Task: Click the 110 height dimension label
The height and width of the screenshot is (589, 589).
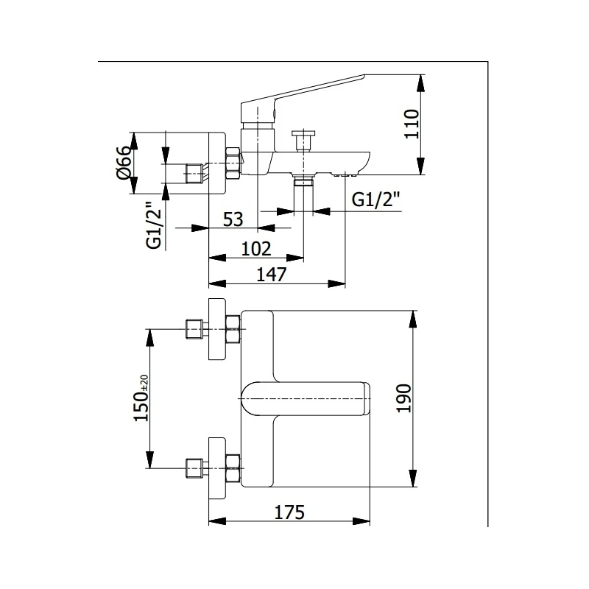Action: tap(411, 124)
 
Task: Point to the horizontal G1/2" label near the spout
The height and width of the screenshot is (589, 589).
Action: tap(375, 200)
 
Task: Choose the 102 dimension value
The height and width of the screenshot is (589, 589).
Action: tap(256, 248)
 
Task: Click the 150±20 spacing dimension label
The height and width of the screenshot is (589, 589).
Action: tap(141, 398)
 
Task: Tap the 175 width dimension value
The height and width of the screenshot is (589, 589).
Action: tap(289, 512)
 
